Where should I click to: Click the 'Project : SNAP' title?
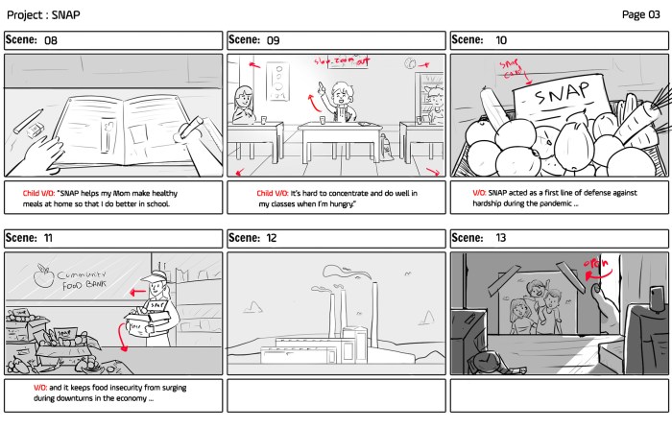point(44,13)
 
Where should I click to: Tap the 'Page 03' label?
point(640,13)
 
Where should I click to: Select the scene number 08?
point(51,40)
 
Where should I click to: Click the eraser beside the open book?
point(31,119)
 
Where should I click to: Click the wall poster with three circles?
point(277,80)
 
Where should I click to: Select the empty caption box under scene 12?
point(337,396)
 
